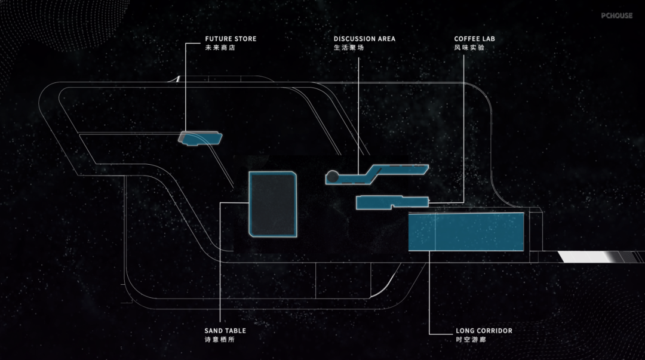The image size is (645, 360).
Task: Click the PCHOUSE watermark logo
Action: pos(616,16)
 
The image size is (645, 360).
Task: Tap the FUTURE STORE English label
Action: pos(231,39)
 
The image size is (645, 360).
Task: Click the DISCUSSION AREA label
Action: pos(364,39)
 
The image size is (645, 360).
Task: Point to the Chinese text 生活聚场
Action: pos(349,47)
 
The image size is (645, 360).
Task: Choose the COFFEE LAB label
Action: pos(474,39)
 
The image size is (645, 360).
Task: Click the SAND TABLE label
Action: pos(225,331)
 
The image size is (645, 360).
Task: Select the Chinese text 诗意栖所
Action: pos(219,339)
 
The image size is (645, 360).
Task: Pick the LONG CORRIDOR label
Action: pos(484,331)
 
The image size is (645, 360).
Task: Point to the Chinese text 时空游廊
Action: pos(471,339)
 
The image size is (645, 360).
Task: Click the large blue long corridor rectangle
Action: pos(466,232)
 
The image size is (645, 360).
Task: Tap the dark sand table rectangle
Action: pos(273,204)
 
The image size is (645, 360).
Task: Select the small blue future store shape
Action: pos(202,139)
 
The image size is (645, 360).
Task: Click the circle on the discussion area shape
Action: pos(331,177)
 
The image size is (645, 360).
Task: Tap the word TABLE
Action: pos(235,331)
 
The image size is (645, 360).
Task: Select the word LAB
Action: pos(489,39)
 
